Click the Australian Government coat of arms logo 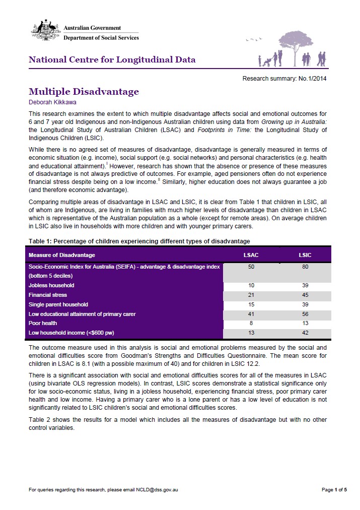point(45,32)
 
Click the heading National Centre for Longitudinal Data point(112,60)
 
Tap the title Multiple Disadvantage point(84,91)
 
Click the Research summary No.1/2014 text point(285,79)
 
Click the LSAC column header point(251,255)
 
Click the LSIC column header point(305,255)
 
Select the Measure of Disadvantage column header point(61,255)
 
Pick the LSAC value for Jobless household point(251,285)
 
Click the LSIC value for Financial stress point(305,295)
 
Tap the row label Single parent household point(58,304)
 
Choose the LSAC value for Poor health point(251,323)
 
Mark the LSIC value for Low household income point(305,333)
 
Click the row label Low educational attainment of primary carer point(82,314)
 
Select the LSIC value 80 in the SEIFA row point(305,267)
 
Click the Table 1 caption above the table point(139,241)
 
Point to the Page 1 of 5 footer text point(334,489)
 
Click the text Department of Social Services point(101,38)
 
